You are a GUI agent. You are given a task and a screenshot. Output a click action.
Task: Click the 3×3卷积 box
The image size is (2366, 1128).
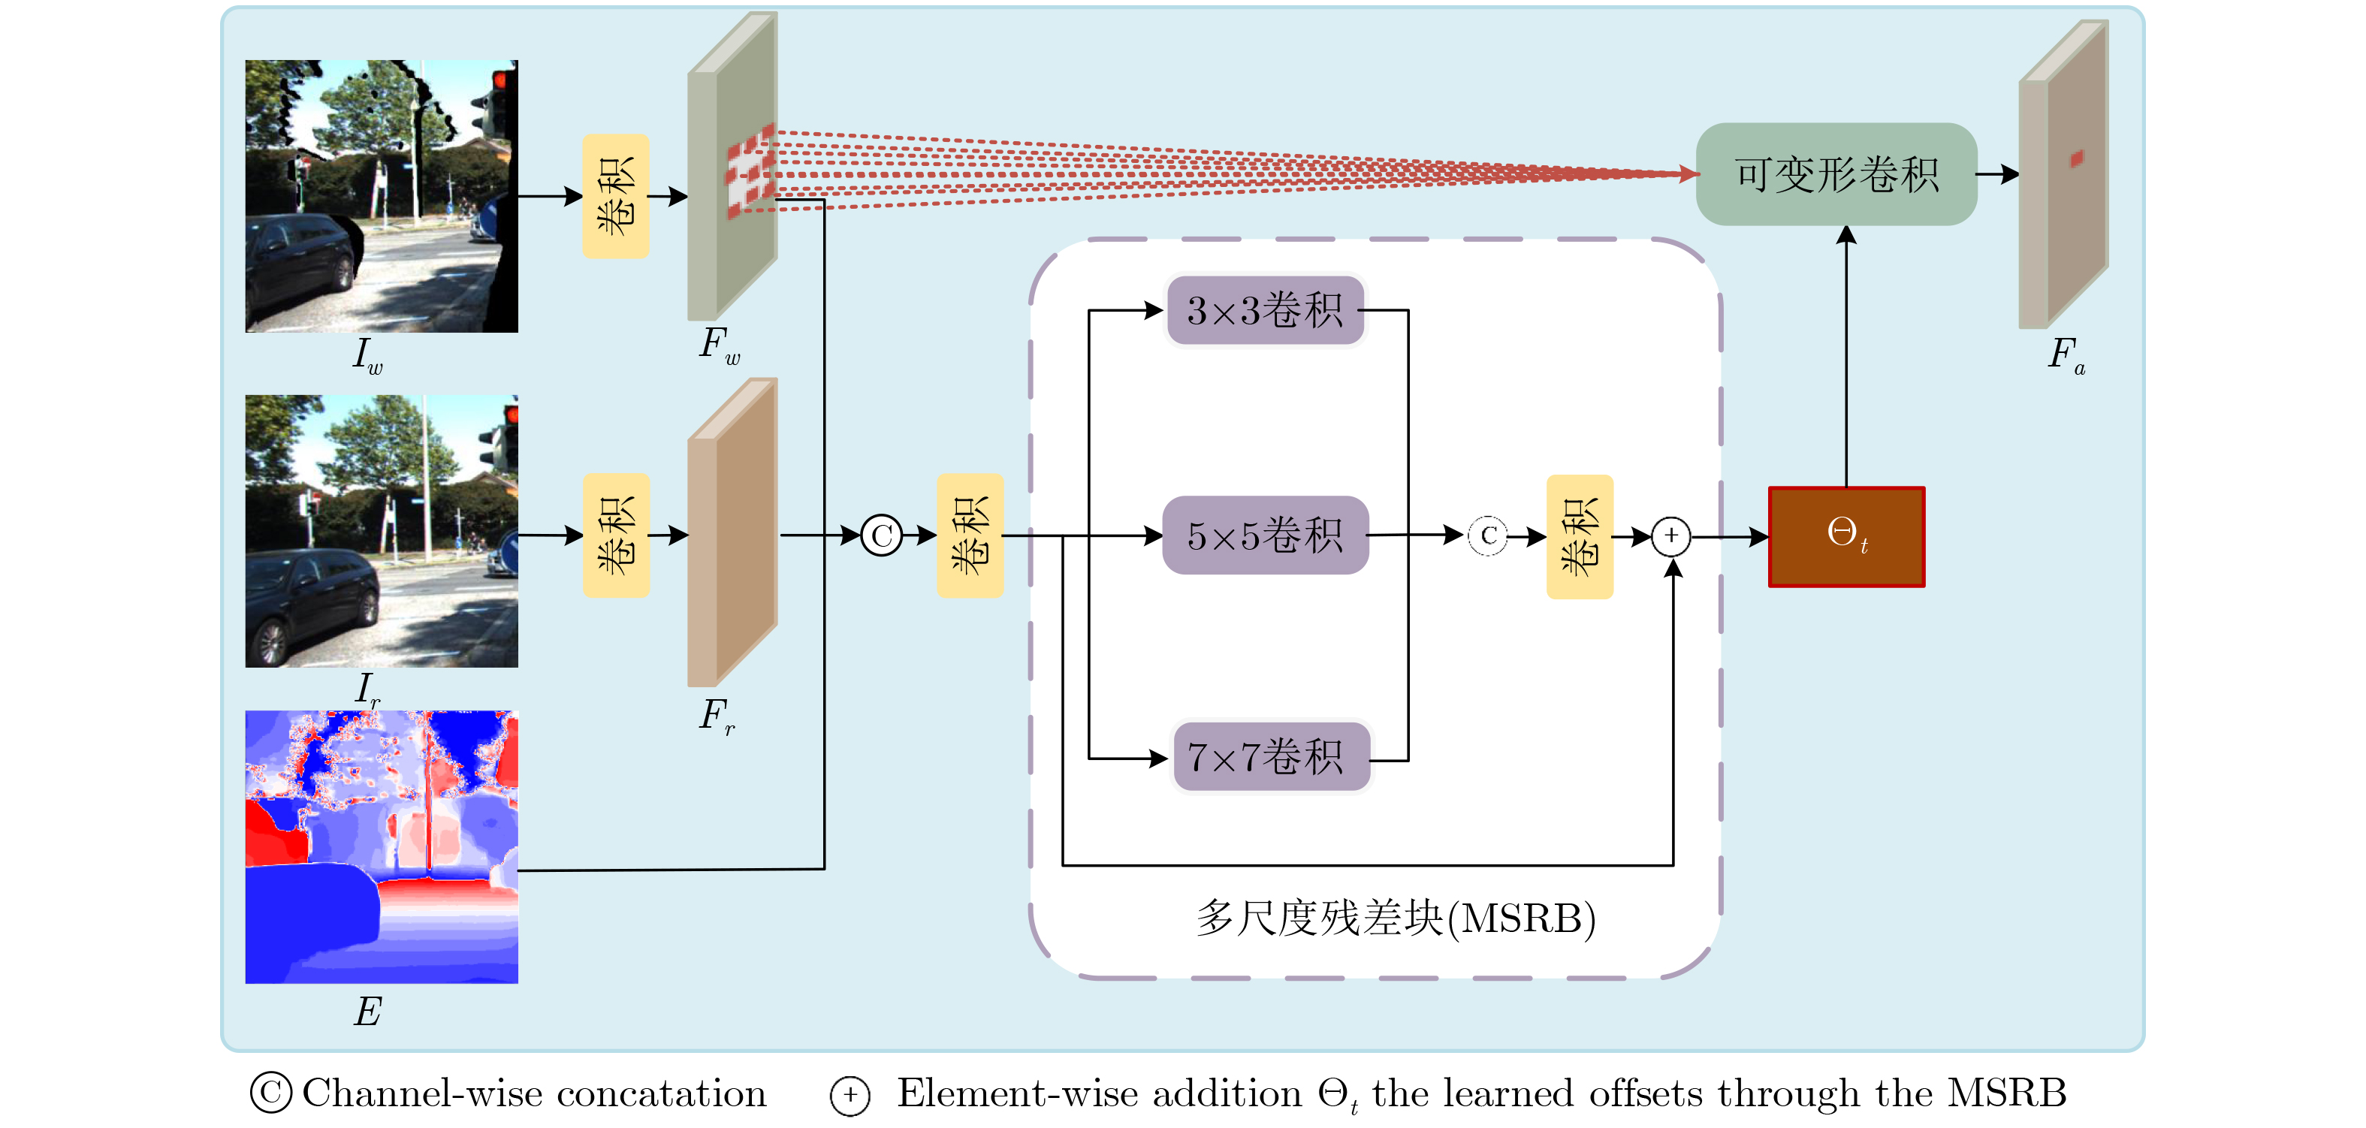click(x=1265, y=310)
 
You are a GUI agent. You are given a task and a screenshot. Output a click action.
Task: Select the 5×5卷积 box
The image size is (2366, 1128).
click(x=1265, y=535)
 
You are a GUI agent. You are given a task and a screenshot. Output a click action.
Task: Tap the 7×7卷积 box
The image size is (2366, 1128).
click(x=1270, y=757)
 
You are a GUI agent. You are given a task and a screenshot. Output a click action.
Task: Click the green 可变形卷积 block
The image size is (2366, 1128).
click(x=1836, y=174)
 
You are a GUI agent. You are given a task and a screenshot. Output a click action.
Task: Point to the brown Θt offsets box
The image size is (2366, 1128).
click(x=1846, y=536)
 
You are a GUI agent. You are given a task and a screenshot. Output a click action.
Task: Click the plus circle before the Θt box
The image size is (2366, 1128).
click(x=1670, y=535)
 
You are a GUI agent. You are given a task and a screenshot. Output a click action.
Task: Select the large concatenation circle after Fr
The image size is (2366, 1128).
click(x=882, y=535)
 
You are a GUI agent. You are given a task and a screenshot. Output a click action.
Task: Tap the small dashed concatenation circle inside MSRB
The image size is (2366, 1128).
click(x=1488, y=535)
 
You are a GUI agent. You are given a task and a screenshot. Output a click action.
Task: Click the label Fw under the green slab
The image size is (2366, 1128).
click(x=719, y=345)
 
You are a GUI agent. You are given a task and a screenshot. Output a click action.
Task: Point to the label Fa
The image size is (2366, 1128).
click(x=2066, y=354)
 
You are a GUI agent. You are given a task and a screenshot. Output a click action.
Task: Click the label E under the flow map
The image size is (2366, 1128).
click(x=367, y=1012)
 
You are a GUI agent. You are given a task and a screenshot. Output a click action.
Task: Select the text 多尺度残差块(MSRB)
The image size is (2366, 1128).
click(x=1395, y=918)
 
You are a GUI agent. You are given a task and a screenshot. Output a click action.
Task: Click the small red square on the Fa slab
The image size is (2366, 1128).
click(x=2077, y=159)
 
